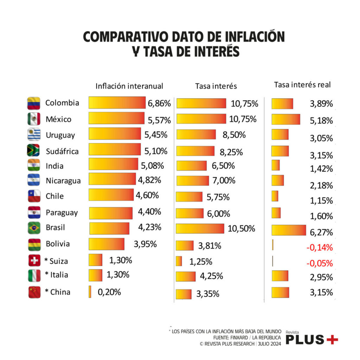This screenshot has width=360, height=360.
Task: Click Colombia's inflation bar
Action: (117, 103)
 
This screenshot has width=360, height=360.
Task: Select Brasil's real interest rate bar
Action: (289, 230)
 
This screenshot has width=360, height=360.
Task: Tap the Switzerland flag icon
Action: (34, 261)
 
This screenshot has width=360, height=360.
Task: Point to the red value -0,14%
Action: (319, 247)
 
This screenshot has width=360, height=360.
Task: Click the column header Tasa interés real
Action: (302, 85)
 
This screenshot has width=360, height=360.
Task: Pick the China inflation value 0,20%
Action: (109, 292)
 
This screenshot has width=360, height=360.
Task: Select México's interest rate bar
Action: (201, 119)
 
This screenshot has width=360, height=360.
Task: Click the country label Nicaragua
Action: (63, 181)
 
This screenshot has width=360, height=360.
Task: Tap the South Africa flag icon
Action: (33, 150)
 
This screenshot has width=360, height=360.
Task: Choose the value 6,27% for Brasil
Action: (321, 232)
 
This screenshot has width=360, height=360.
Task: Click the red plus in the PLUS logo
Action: (332, 339)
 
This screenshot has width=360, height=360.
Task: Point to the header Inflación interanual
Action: (129, 86)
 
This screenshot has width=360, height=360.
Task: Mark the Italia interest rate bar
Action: (186, 276)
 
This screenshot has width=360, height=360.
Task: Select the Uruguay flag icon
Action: (34, 135)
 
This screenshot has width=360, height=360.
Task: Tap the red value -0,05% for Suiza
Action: (319, 263)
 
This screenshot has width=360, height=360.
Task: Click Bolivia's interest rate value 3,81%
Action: (210, 246)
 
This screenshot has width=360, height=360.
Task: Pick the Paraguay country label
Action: (62, 213)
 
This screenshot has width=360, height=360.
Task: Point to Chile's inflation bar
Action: (111, 195)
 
